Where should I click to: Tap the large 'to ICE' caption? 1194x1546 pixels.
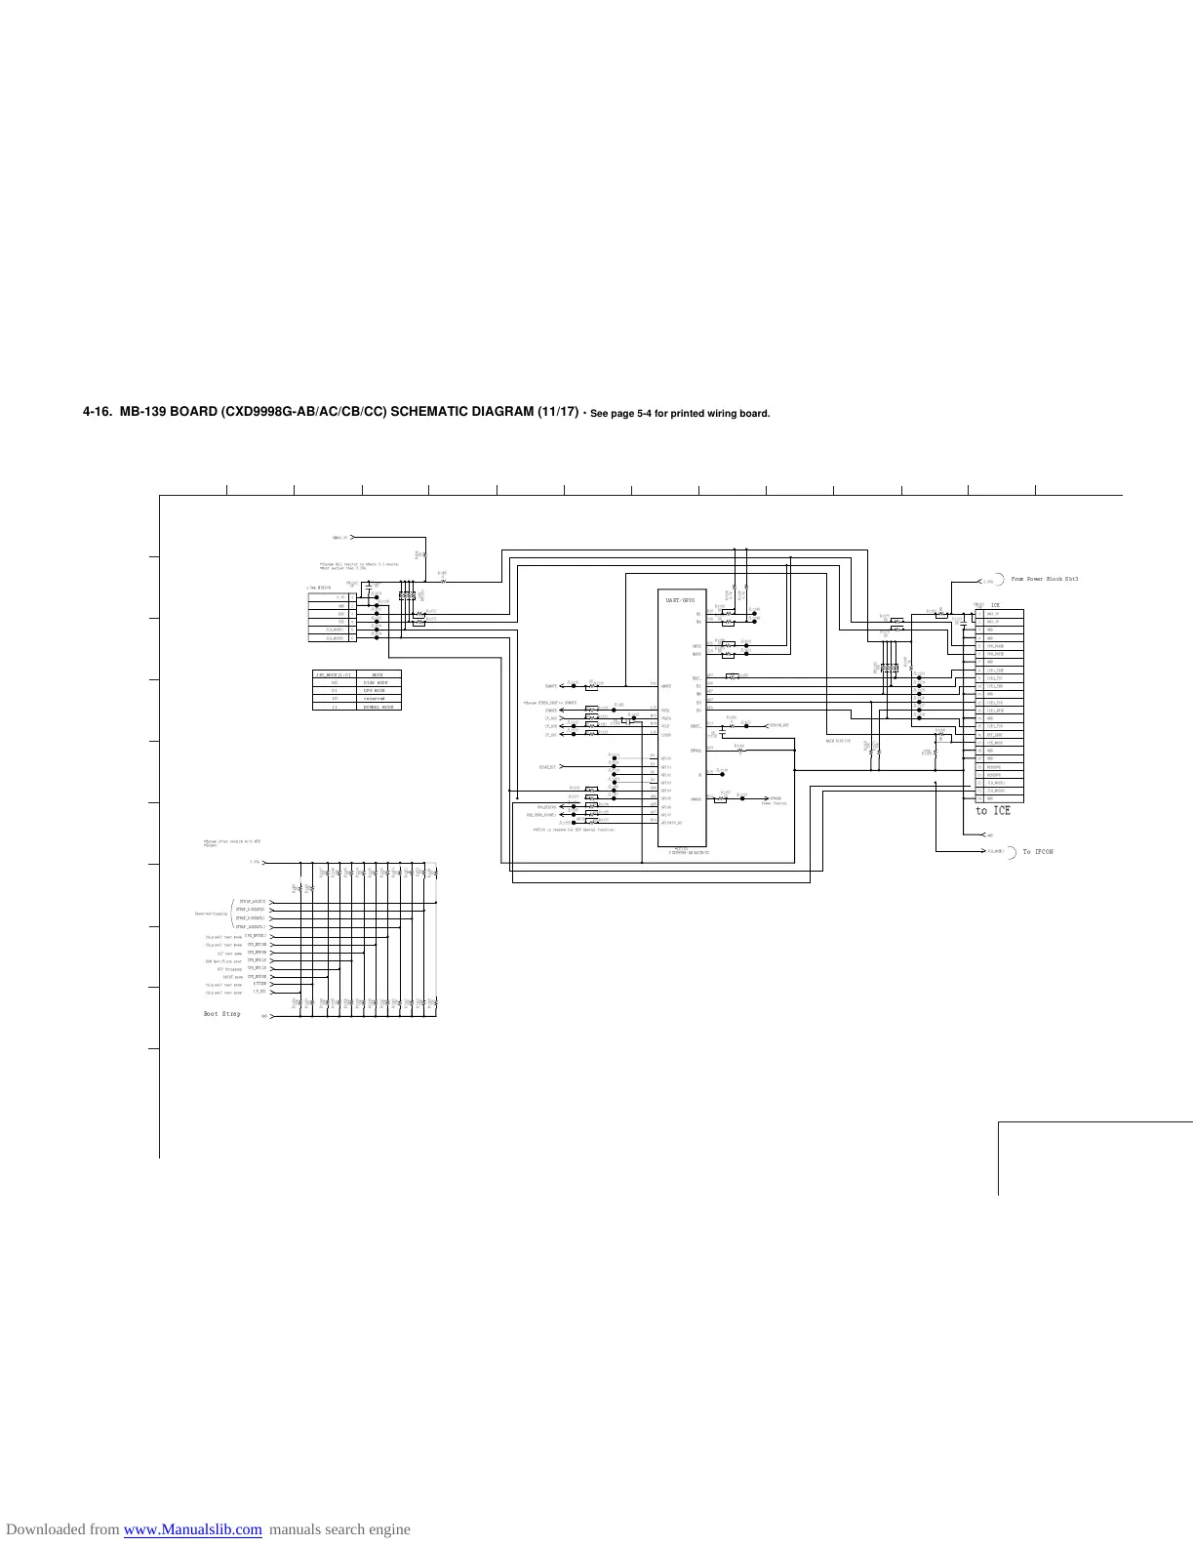pyautogui.click(x=993, y=811)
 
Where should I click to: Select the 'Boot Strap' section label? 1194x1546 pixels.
pyautogui.click(x=222, y=1014)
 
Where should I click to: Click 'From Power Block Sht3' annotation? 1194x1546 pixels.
pyautogui.click(x=1045, y=580)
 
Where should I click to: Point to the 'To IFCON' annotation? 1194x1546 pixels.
pyautogui.click(x=1038, y=852)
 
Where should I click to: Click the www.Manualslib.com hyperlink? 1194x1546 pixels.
pyautogui.click(x=193, y=1529)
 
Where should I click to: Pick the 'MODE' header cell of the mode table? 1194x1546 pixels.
pyautogui.click(x=376, y=674)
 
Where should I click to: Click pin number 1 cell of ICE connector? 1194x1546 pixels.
pyautogui.click(x=979, y=615)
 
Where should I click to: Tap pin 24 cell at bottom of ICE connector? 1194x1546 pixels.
pyautogui.click(x=979, y=798)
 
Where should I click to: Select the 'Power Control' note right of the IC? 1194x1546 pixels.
pyautogui.click(x=775, y=803)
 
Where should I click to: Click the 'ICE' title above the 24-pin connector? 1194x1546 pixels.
pyautogui.click(x=996, y=605)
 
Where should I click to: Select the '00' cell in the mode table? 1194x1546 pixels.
pyautogui.click(x=334, y=682)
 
